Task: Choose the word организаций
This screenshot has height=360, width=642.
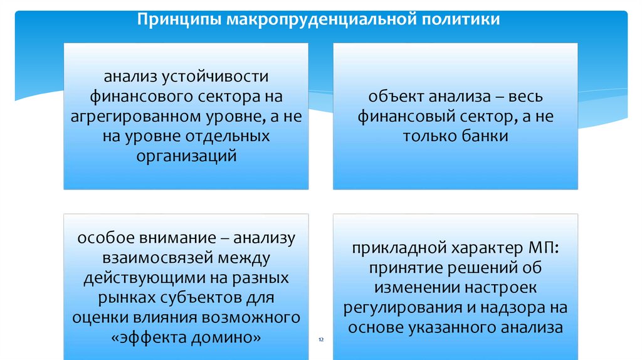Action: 186,156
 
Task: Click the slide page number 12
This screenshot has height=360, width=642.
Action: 321,339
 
